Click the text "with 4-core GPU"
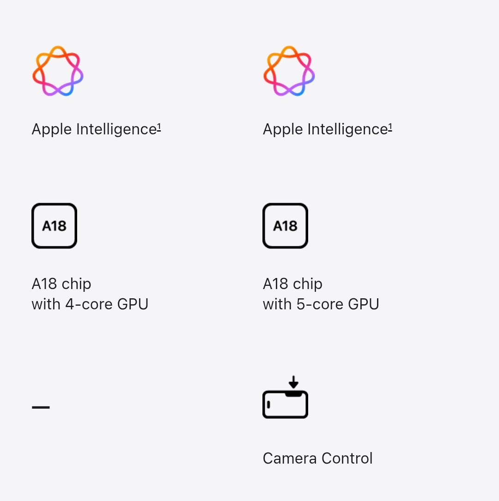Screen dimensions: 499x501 pos(90,304)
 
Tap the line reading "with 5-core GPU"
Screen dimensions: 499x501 pos(321,304)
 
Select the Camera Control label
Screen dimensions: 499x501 pos(317,459)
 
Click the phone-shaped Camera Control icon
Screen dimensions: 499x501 pos(285,404)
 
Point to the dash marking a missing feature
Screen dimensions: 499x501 pos(41,407)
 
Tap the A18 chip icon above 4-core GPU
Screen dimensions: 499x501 pos(54,226)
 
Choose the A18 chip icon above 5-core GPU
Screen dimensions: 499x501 pos(285,226)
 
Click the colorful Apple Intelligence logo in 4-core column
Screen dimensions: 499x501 pos(58,71)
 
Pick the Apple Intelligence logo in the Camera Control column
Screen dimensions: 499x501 pos(289,71)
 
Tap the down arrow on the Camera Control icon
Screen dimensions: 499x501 pos(293,382)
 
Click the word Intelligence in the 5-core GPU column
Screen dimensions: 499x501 pos(347,129)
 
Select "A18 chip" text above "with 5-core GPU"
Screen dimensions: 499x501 pos(292,284)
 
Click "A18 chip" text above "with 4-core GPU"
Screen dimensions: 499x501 pos(61,284)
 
